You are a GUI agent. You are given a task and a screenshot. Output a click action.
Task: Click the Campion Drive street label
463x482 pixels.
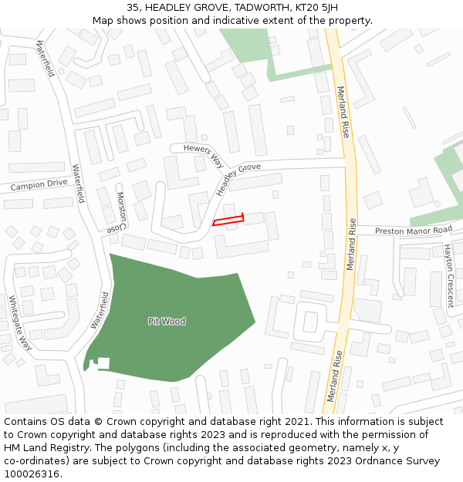click(39, 185)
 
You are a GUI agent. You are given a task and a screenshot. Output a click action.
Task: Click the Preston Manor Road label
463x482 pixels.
click(414, 231)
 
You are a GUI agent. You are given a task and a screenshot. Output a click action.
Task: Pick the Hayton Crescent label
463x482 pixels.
click(448, 275)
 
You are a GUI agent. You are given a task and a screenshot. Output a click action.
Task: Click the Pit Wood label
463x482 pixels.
click(167, 321)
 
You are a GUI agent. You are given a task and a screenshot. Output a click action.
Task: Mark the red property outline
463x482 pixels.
click(228, 220)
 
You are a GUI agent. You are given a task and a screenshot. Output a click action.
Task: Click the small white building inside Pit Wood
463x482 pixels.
click(103, 362)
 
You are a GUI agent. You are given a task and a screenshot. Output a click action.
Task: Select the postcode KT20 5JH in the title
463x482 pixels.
click(316, 8)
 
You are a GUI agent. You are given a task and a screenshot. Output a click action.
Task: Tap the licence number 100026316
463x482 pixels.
click(30, 474)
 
